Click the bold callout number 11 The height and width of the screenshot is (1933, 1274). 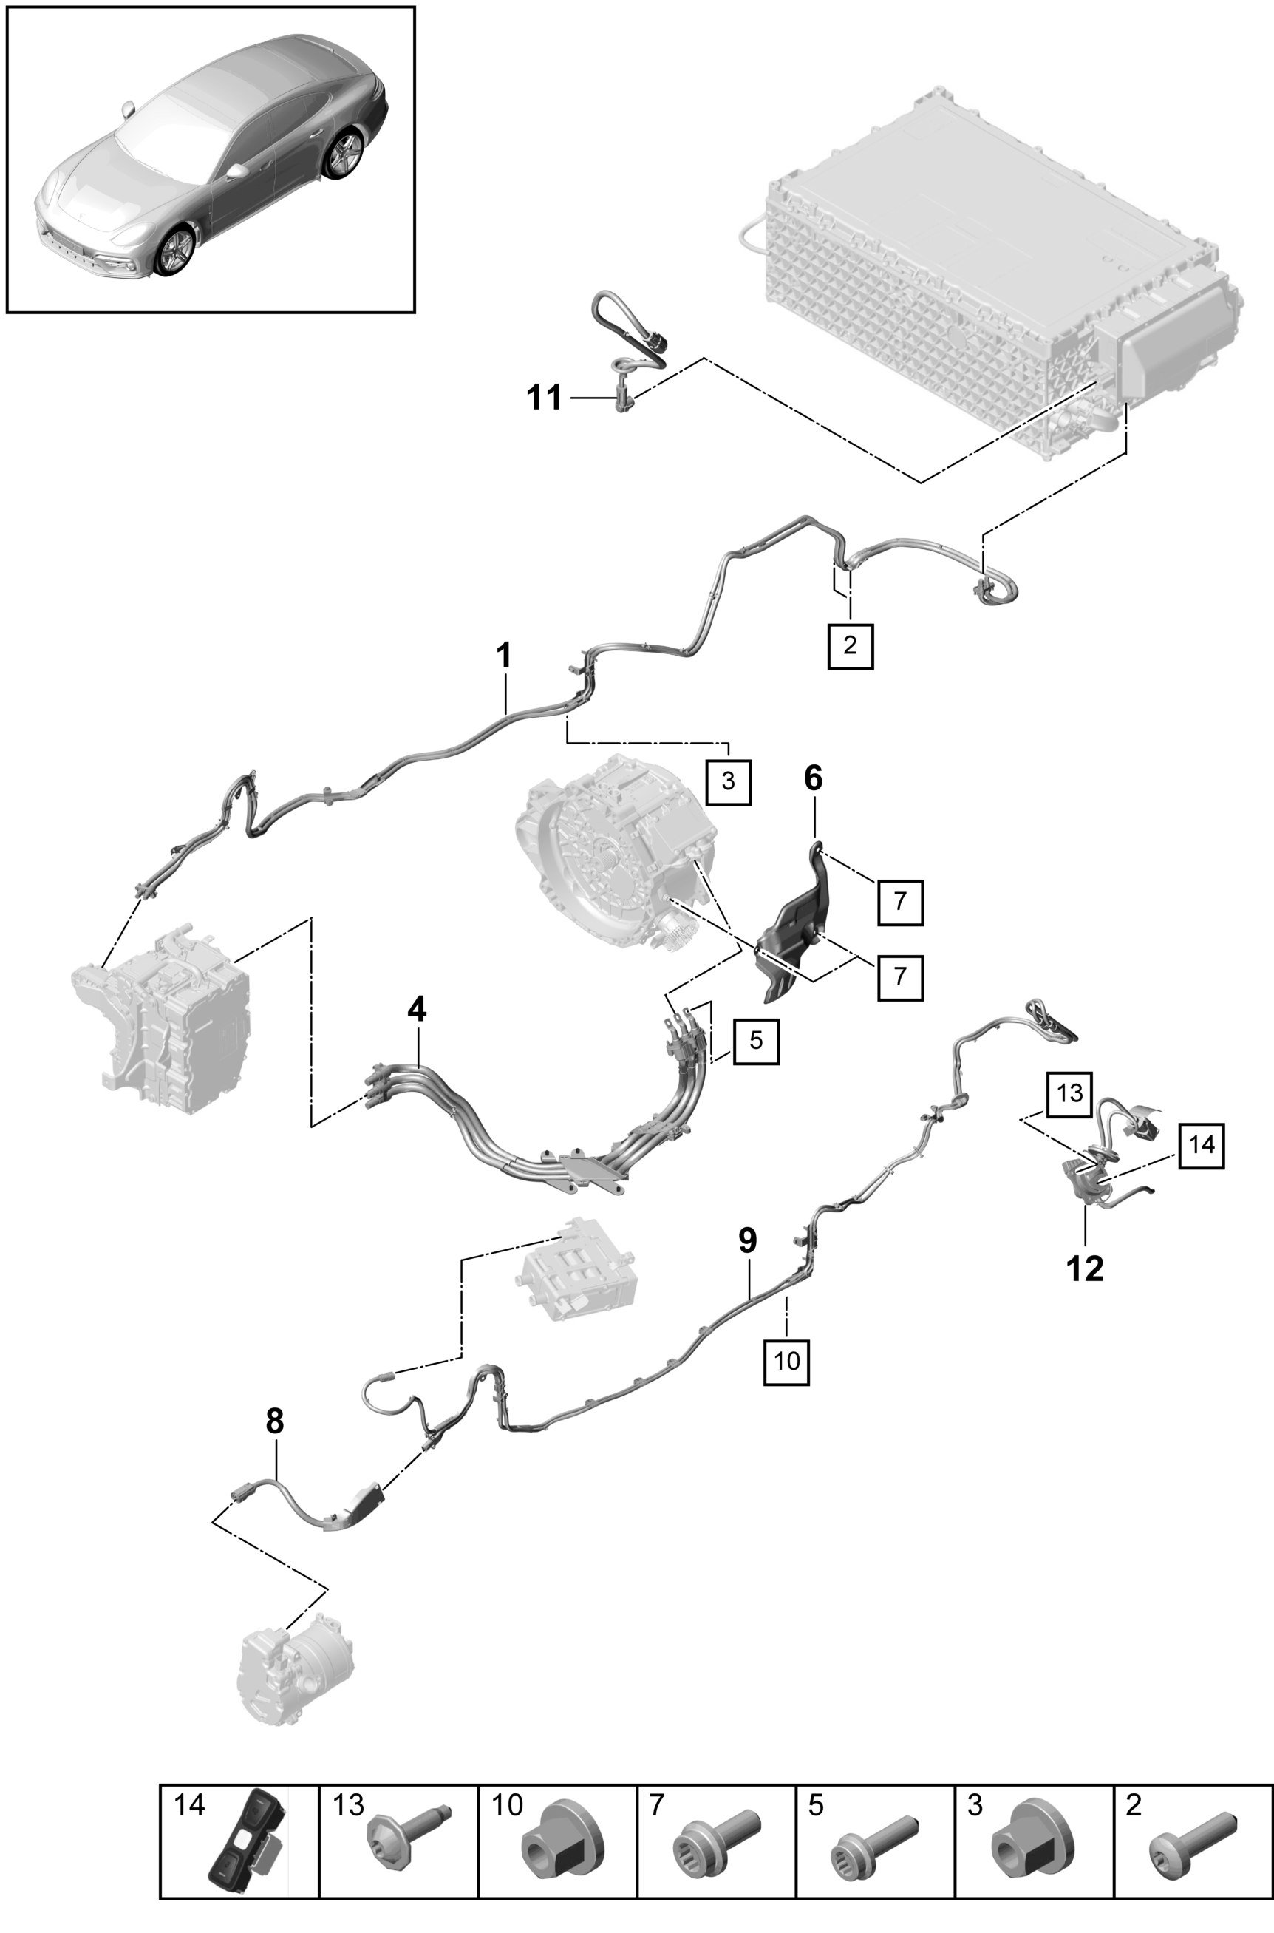[545, 398]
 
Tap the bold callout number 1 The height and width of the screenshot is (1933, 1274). [505, 656]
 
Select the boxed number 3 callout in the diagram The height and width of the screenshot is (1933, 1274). [727, 781]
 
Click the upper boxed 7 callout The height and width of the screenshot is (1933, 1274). [899, 902]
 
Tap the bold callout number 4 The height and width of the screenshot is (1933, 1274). [417, 1010]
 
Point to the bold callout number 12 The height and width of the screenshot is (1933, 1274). [1085, 1268]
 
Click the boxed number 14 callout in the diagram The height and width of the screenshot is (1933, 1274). [1201, 1146]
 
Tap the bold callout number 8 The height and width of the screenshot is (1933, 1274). [275, 1422]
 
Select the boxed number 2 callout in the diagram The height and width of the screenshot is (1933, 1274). [850, 646]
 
